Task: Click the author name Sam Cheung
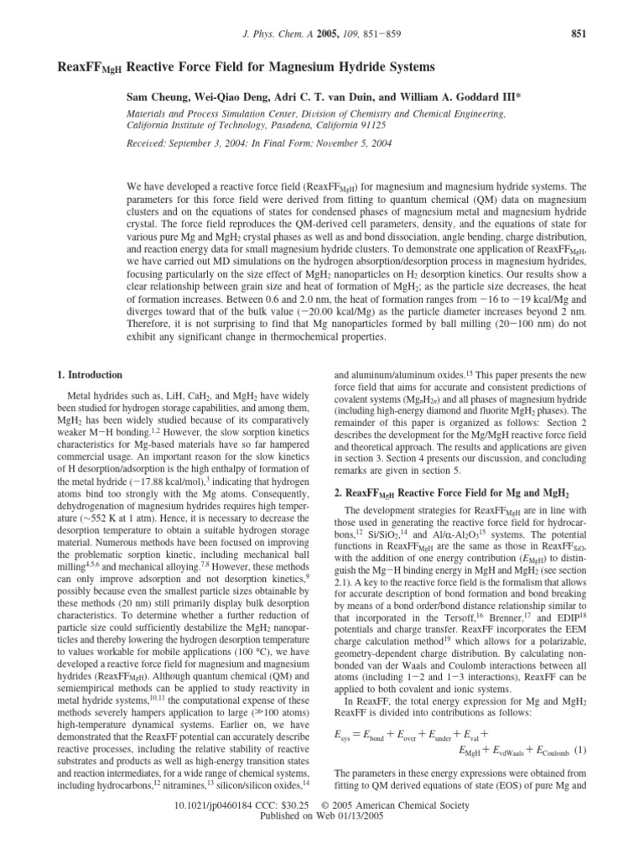point(155,96)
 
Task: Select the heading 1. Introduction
point(85,375)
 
